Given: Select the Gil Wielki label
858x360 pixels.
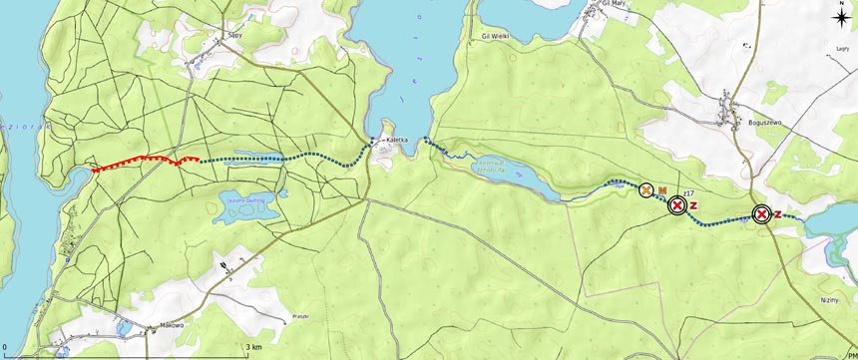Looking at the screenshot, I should click(496, 35).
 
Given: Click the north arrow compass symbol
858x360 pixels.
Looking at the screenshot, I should click(844, 13).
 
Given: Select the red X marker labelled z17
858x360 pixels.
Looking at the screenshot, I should click(677, 205).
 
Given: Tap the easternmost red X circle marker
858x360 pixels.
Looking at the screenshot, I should click(761, 213).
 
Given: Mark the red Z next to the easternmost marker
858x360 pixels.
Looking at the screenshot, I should click(778, 213).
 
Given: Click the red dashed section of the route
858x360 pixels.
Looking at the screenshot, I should click(140, 161).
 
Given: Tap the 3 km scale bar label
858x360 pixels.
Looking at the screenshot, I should click(255, 346).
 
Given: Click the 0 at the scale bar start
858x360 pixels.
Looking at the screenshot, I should click(5, 346).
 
